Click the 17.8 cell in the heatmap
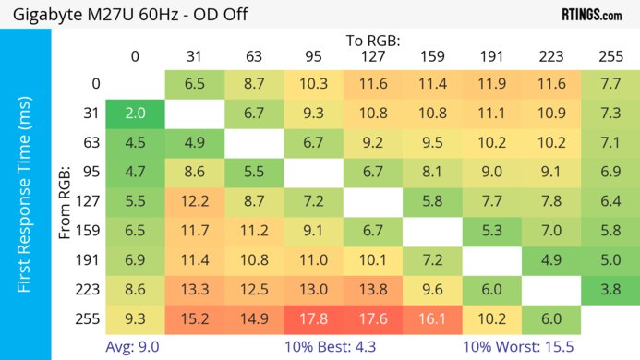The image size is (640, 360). pos(313,318)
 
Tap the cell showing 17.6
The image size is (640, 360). pos(372,318)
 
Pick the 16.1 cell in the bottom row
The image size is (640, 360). pos(431,318)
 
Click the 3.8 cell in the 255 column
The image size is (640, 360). pos(610,290)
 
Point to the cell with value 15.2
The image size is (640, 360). pos(194,318)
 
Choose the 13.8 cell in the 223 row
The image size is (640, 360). pos(372,290)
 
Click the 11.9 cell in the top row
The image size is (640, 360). pos(491,84)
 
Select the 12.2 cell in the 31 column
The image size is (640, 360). pos(194,201)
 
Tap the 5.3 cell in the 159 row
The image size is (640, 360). pos(491,231)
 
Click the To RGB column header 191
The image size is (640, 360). pos(491,57)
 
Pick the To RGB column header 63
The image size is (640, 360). pos(253,57)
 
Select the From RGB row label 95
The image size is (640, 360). pos(89,172)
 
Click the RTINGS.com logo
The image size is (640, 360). pos(591,15)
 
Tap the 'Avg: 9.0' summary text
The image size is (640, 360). pos(135,346)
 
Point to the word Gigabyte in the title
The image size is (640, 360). pos(45,16)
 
